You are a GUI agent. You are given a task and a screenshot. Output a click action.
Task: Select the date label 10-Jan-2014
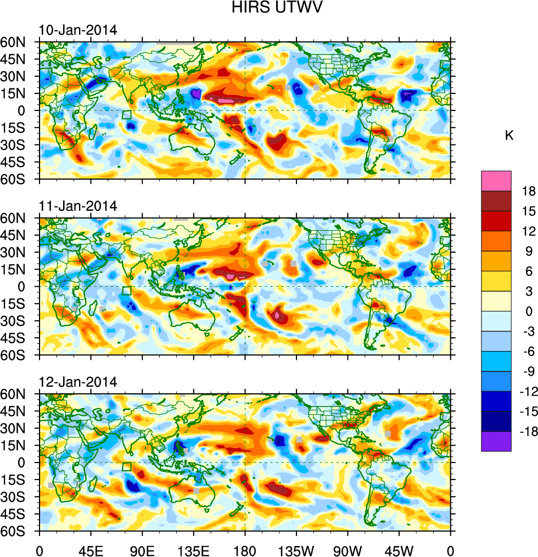pos(77,30)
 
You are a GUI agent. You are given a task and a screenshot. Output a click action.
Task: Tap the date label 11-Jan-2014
pos(77,207)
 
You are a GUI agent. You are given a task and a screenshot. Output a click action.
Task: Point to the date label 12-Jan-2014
pos(77,382)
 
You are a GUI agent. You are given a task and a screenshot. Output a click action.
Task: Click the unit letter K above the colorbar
pos(509,135)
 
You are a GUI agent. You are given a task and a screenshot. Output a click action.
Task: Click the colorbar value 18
pos(529,192)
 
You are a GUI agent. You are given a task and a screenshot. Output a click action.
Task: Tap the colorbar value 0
pos(529,312)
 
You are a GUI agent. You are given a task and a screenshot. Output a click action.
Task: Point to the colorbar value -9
pos(529,372)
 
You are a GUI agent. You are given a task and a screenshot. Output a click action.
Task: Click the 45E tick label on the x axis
pos(91,550)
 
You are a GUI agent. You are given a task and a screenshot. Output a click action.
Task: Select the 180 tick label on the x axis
pos(245,550)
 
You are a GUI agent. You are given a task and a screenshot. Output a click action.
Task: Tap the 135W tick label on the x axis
pos(296,550)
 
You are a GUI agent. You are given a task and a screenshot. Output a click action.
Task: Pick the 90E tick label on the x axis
pos(142,550)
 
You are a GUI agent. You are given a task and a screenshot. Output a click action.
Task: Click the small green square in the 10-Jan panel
pos(127,115)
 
